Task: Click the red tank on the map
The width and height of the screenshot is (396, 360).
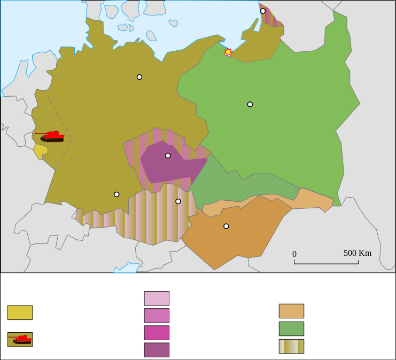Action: [51, 136]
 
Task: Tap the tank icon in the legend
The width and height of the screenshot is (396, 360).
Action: [20, 339]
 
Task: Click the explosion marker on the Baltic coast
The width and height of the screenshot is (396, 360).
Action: [228, 52]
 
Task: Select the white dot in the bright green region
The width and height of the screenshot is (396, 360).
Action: [250, 104]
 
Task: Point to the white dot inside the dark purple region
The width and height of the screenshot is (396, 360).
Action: [168, 155]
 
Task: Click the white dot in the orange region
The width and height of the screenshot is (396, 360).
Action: [226, 226]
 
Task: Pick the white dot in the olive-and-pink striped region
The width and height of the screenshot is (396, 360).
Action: [178, 201]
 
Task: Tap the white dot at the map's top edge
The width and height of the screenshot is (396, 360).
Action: [263, 11]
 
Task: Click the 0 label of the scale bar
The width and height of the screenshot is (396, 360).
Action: [294, 254]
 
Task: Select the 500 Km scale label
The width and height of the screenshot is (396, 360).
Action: [358, 253]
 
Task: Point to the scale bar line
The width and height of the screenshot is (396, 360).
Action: [326, 263]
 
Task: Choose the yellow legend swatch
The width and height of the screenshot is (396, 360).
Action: [20, 312]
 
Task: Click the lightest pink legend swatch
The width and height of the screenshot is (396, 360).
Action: [157, 298]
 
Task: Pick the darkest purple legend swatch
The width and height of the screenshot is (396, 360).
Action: [157, 350]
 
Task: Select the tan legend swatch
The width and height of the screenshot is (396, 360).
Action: [291, 311]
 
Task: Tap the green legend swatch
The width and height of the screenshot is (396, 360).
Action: [291, 328]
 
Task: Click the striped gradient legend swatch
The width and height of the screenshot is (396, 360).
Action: [291, 346]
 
